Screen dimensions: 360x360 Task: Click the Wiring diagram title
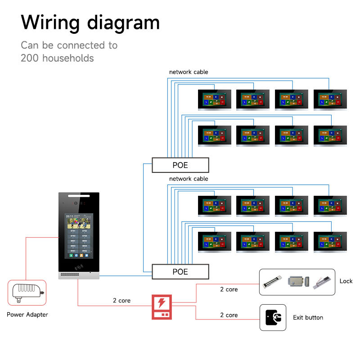90,22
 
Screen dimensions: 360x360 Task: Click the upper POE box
180,165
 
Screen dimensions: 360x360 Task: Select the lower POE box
180,272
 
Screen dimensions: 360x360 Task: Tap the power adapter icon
27,293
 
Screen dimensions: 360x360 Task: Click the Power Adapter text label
27,315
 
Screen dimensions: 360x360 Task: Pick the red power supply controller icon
162,307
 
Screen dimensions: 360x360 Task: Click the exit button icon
273,317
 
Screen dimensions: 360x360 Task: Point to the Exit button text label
308,317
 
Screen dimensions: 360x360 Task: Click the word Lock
346,281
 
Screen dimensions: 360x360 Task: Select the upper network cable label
189,72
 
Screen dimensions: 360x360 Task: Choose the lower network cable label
189,179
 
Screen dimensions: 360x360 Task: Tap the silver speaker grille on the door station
79,274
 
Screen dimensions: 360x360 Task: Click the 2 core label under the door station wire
121,300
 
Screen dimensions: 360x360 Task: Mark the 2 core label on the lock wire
229,289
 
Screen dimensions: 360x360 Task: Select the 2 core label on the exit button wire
229,315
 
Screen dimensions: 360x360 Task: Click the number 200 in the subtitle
28,58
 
